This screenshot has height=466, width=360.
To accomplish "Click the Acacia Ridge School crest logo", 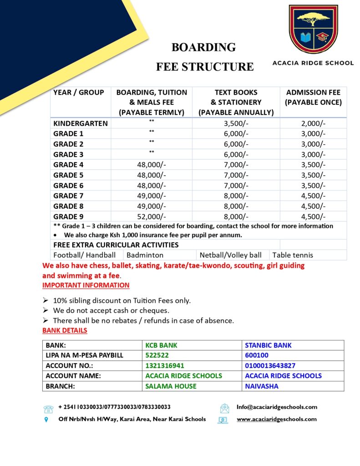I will click(x=313, y=29).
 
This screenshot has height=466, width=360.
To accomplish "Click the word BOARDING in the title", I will click(x=203, y=47).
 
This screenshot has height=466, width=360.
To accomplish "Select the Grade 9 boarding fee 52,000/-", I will click(x=152, y=217).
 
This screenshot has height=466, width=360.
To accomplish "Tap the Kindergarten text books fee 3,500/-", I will click(x=236, y=123).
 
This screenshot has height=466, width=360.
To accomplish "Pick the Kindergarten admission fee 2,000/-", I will click(x=313, y=123).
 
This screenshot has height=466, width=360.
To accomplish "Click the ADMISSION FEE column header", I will click(x=313, y=97).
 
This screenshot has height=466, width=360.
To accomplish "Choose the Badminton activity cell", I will click(x=145, y=255).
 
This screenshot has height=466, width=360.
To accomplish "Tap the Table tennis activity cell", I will click(x=293, y=255).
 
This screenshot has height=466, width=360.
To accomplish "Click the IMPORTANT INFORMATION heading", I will click(x=86, y=285).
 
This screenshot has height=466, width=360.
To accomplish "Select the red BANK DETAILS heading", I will click(x=65, y=330).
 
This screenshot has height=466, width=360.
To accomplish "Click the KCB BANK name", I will click(x=161, y=345).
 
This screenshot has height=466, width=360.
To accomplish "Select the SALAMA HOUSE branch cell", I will click(x=171, y=386).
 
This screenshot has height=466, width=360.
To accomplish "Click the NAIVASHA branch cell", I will click(x=261, y=386).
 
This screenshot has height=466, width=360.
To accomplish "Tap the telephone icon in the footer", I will click(x=49, y=408).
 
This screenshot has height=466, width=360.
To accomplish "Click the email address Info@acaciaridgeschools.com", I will click(x=277, y=407).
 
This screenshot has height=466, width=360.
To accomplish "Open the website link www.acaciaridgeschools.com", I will click(x=276, y=419).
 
